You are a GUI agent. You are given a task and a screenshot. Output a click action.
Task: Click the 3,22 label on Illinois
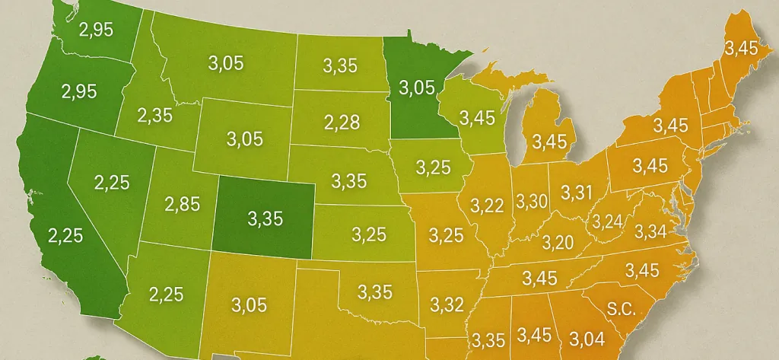click(x=487, y=205)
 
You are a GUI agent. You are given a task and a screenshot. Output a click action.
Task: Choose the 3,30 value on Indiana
click(x=532, y=202)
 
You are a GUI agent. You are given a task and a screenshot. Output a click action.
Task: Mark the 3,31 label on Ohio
click(x=576, y=193)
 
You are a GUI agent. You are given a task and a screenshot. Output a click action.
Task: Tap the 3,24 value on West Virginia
click(x=607, y=221)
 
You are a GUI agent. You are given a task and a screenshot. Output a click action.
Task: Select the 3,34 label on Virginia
click(x=650, y=231)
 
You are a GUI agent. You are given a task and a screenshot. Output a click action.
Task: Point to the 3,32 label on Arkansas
click(x=447, y=305)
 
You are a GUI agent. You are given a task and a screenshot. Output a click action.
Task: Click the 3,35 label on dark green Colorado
click(x=265, y=219)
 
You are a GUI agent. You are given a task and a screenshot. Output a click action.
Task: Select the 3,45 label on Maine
click(x=741, y=49)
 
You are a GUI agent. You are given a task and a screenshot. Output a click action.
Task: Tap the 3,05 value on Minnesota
click(x=416, y=88)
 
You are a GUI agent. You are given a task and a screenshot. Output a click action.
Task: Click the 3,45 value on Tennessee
click(x=539, y=279)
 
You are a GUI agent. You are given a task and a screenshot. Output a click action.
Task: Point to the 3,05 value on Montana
click(x=226, y=63)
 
